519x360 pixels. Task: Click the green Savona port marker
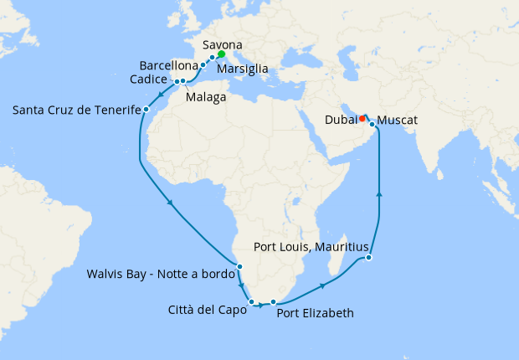221,54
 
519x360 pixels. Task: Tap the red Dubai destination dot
362,118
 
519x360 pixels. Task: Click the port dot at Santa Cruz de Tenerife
146,109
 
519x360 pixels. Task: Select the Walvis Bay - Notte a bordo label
160,274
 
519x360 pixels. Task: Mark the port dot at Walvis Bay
239,267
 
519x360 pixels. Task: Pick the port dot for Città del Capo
251,301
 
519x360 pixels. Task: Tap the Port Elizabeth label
315,313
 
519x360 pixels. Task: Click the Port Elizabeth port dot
273,301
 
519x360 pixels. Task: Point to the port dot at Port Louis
369,258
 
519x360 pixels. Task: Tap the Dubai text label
339,120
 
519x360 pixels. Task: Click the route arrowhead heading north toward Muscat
380,194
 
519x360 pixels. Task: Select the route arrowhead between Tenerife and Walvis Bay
171,203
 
